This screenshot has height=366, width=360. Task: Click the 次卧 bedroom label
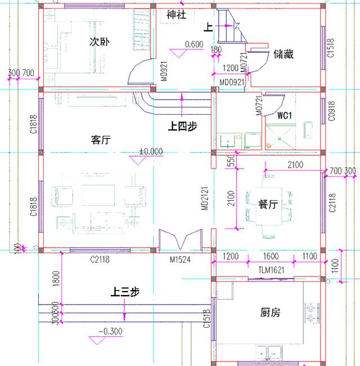(100, 42)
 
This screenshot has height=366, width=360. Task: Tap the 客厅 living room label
(100, 140)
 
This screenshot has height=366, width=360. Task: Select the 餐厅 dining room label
(268, 205)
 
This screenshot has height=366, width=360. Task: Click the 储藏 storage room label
(283, 55)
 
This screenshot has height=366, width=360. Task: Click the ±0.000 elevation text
(151, 151)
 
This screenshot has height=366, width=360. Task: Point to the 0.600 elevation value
(193, 44)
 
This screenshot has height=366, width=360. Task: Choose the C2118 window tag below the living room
(100, 259)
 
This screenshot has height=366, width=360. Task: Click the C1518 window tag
(331, 48)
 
